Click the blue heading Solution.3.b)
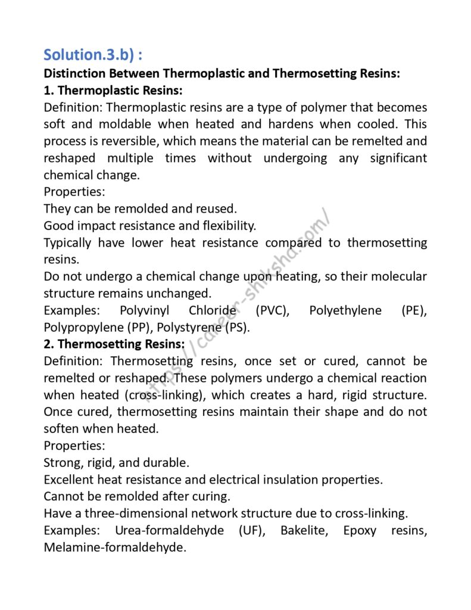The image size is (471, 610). tap(92, 55)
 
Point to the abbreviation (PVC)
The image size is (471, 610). tap(272, 310)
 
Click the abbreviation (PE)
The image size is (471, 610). tap(414, 310)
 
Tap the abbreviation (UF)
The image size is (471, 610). tap(248, 530)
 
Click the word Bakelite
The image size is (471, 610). tap(304, 530)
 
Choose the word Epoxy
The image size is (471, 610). tap(360, 530)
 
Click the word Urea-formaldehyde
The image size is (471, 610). tap(162, 530)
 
